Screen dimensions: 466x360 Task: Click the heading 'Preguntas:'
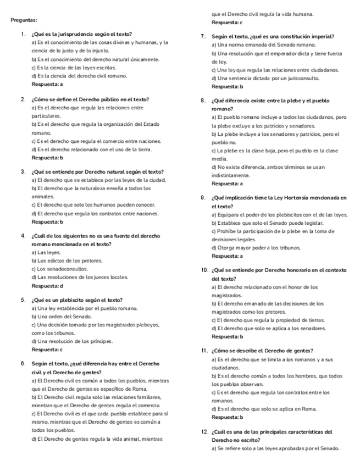tap(24, 20)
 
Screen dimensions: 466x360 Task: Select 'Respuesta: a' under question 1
tap(47, 85)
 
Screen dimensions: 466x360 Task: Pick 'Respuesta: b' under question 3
tap(47, 222)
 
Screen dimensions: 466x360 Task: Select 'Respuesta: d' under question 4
tap(47, 286)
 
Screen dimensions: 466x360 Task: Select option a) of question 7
tap(263, 45)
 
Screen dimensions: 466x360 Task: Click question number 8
tap(203, 101)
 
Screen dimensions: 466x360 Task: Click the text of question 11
tap(262, 351)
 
